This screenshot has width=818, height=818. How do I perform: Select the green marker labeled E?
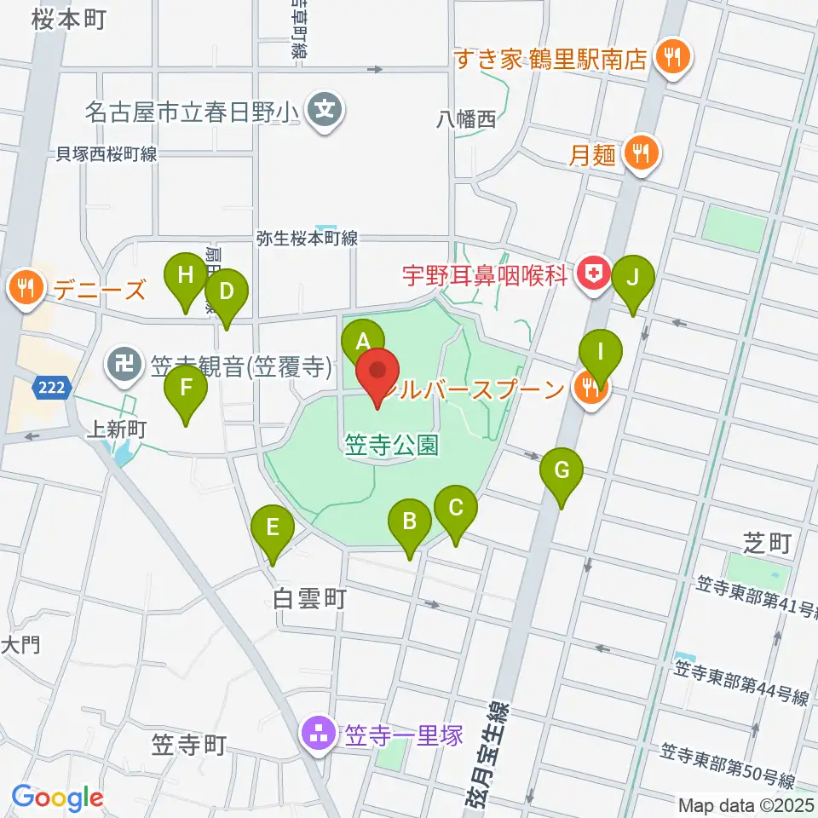point(273,527)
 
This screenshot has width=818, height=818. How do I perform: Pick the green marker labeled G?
point(561,470)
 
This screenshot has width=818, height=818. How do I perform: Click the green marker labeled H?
point(186,276)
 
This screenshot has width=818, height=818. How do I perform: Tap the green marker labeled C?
point(455,509)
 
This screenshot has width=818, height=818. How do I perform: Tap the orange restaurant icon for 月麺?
point(638,153)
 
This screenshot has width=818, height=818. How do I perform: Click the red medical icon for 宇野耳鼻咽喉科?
point(588,274)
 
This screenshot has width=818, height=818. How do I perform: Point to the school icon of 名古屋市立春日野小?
point(325,110)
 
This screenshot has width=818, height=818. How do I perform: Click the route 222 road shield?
point(49,389)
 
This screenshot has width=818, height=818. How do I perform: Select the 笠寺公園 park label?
point(392,445)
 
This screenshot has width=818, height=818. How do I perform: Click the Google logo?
point(57,798)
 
